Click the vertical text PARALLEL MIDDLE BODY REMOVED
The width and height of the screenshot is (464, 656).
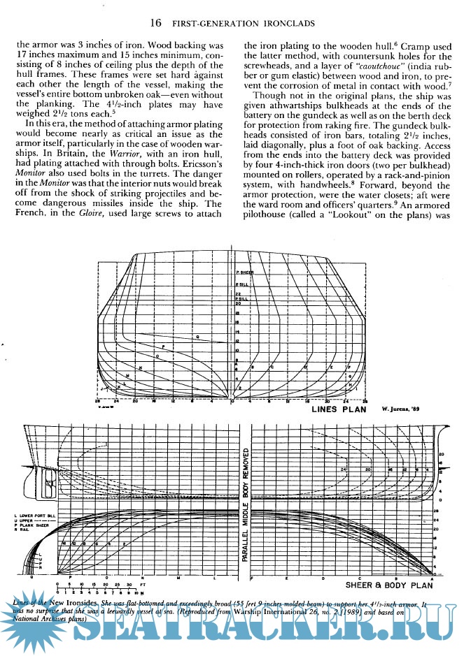pos(245,503)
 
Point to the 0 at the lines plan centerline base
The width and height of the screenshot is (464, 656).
pos(232,400)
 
